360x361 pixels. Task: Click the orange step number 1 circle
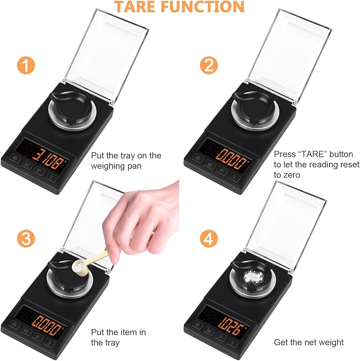point(28,66)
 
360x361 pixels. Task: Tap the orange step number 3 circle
point(28,237)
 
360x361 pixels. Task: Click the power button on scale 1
point(15,159)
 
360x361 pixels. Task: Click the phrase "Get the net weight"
point(309,342)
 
